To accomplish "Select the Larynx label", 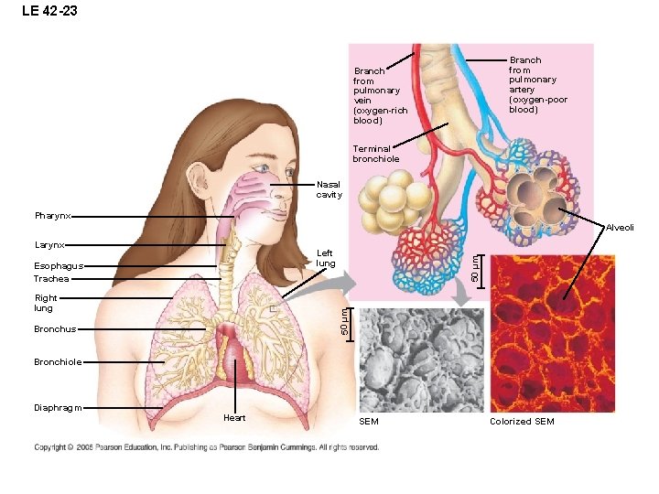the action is click(x=49, y=245).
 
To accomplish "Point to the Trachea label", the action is click(x=51, y=279).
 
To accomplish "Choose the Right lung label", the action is click(x=46, y=303).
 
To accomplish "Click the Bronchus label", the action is click(x=54, y=328).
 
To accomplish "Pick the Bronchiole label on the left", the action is click(x=58, y=362).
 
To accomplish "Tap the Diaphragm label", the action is click(x=58, y=408).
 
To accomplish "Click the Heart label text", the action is click(x=234, y=418).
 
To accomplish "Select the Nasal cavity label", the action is click(x=329, y=189).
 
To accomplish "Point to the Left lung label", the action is click(x=325, y=258).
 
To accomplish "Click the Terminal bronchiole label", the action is click(x=375, y=154).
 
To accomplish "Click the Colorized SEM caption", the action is click(x=522, y=422).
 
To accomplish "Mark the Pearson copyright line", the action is click(x=207, y=447).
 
